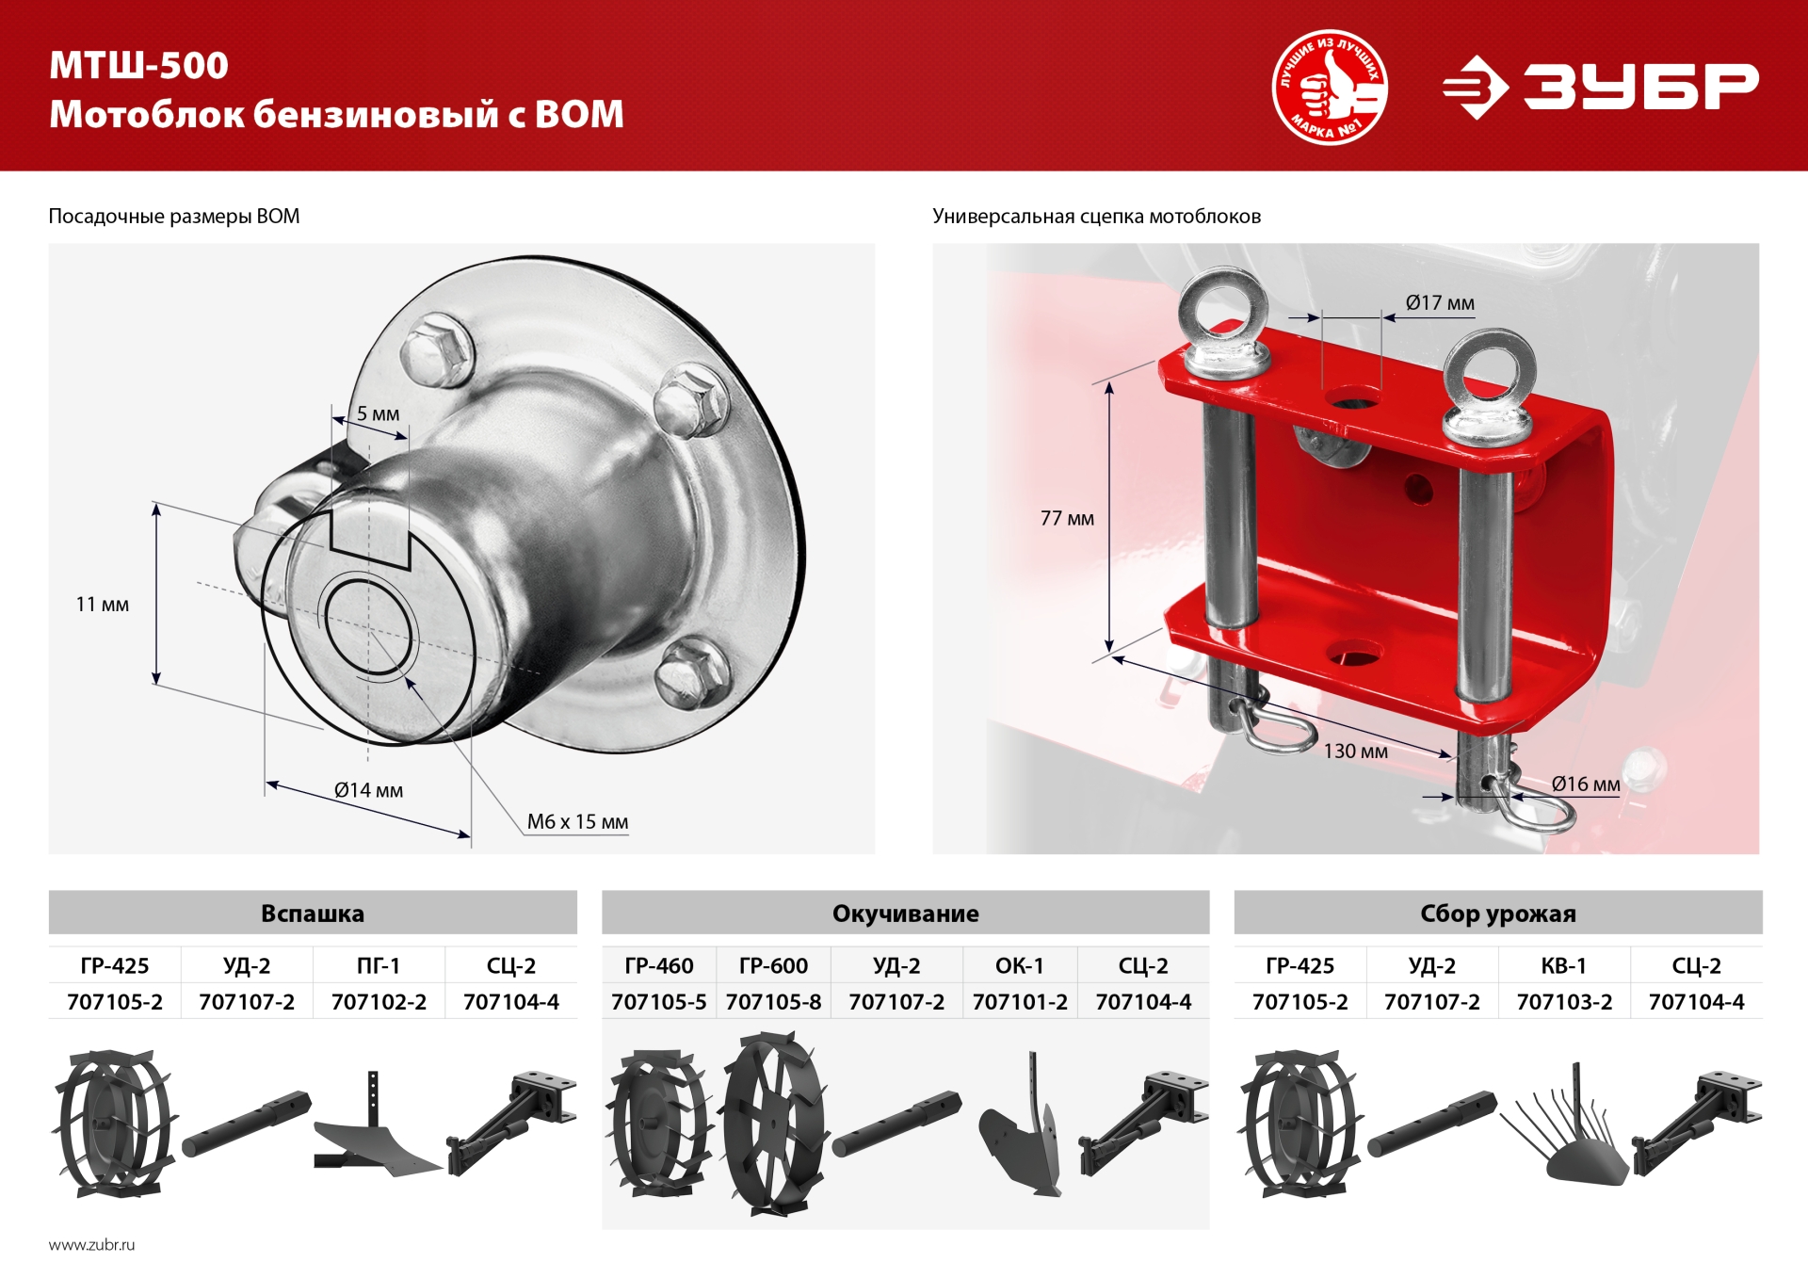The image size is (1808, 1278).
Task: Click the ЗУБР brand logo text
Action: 1640,87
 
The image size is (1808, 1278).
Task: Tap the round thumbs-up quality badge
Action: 1330,87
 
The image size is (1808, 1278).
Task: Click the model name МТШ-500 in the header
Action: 139,66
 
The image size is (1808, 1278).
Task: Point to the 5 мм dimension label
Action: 378,413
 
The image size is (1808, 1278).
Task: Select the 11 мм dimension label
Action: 103,604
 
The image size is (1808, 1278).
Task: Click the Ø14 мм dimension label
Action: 368,790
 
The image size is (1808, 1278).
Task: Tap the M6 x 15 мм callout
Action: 577,821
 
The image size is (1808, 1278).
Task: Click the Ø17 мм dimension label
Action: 1440,302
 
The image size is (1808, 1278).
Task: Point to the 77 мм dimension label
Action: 1067,518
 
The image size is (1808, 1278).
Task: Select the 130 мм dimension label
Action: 1355,751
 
